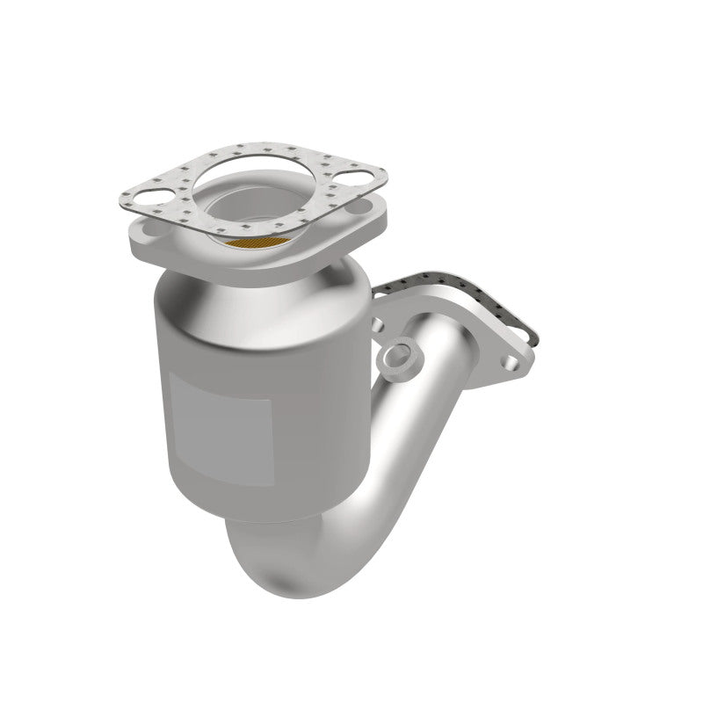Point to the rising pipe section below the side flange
click(413, 422)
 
